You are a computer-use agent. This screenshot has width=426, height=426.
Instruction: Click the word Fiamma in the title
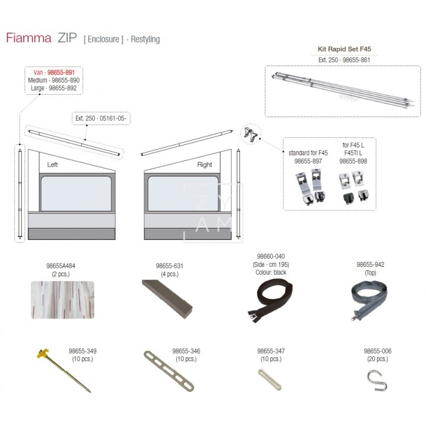click(x=29, y=38)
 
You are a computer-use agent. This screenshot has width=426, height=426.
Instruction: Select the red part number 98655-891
click(x=61, y=72)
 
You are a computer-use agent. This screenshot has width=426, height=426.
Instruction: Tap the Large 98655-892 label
click(x=54, y=88)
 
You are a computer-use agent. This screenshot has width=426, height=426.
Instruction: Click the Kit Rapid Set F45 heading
click(x=344, y=49)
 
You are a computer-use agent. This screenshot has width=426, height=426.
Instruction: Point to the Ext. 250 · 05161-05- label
click(x=101, y=118)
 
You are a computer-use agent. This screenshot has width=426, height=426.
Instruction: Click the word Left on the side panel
click(x=52, y=165)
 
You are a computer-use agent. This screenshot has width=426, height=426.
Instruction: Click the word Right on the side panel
click(x=204, y=165)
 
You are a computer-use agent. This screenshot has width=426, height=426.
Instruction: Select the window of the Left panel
click(x=76, y=193)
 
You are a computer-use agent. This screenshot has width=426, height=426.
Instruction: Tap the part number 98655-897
click(x=308, y=161)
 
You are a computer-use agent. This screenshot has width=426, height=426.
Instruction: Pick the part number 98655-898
click(x=353, y=161)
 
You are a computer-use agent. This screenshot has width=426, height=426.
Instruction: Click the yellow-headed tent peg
click(x=63, y=371)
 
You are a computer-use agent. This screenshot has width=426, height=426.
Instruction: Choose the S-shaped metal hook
click(x=377, y=381)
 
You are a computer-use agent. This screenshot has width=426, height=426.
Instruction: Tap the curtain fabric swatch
click(x=62, y=300)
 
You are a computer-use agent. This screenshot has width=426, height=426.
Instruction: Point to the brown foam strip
click(x=167, y=299)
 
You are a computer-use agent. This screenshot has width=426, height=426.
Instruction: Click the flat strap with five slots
click(x=169, y=371)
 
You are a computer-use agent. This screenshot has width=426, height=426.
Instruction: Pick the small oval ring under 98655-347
click(x=269, y=379)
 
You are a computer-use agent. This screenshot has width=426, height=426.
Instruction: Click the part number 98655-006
click(x=378, y=351)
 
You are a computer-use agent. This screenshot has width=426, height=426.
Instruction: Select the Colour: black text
click(x=271, y=273)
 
